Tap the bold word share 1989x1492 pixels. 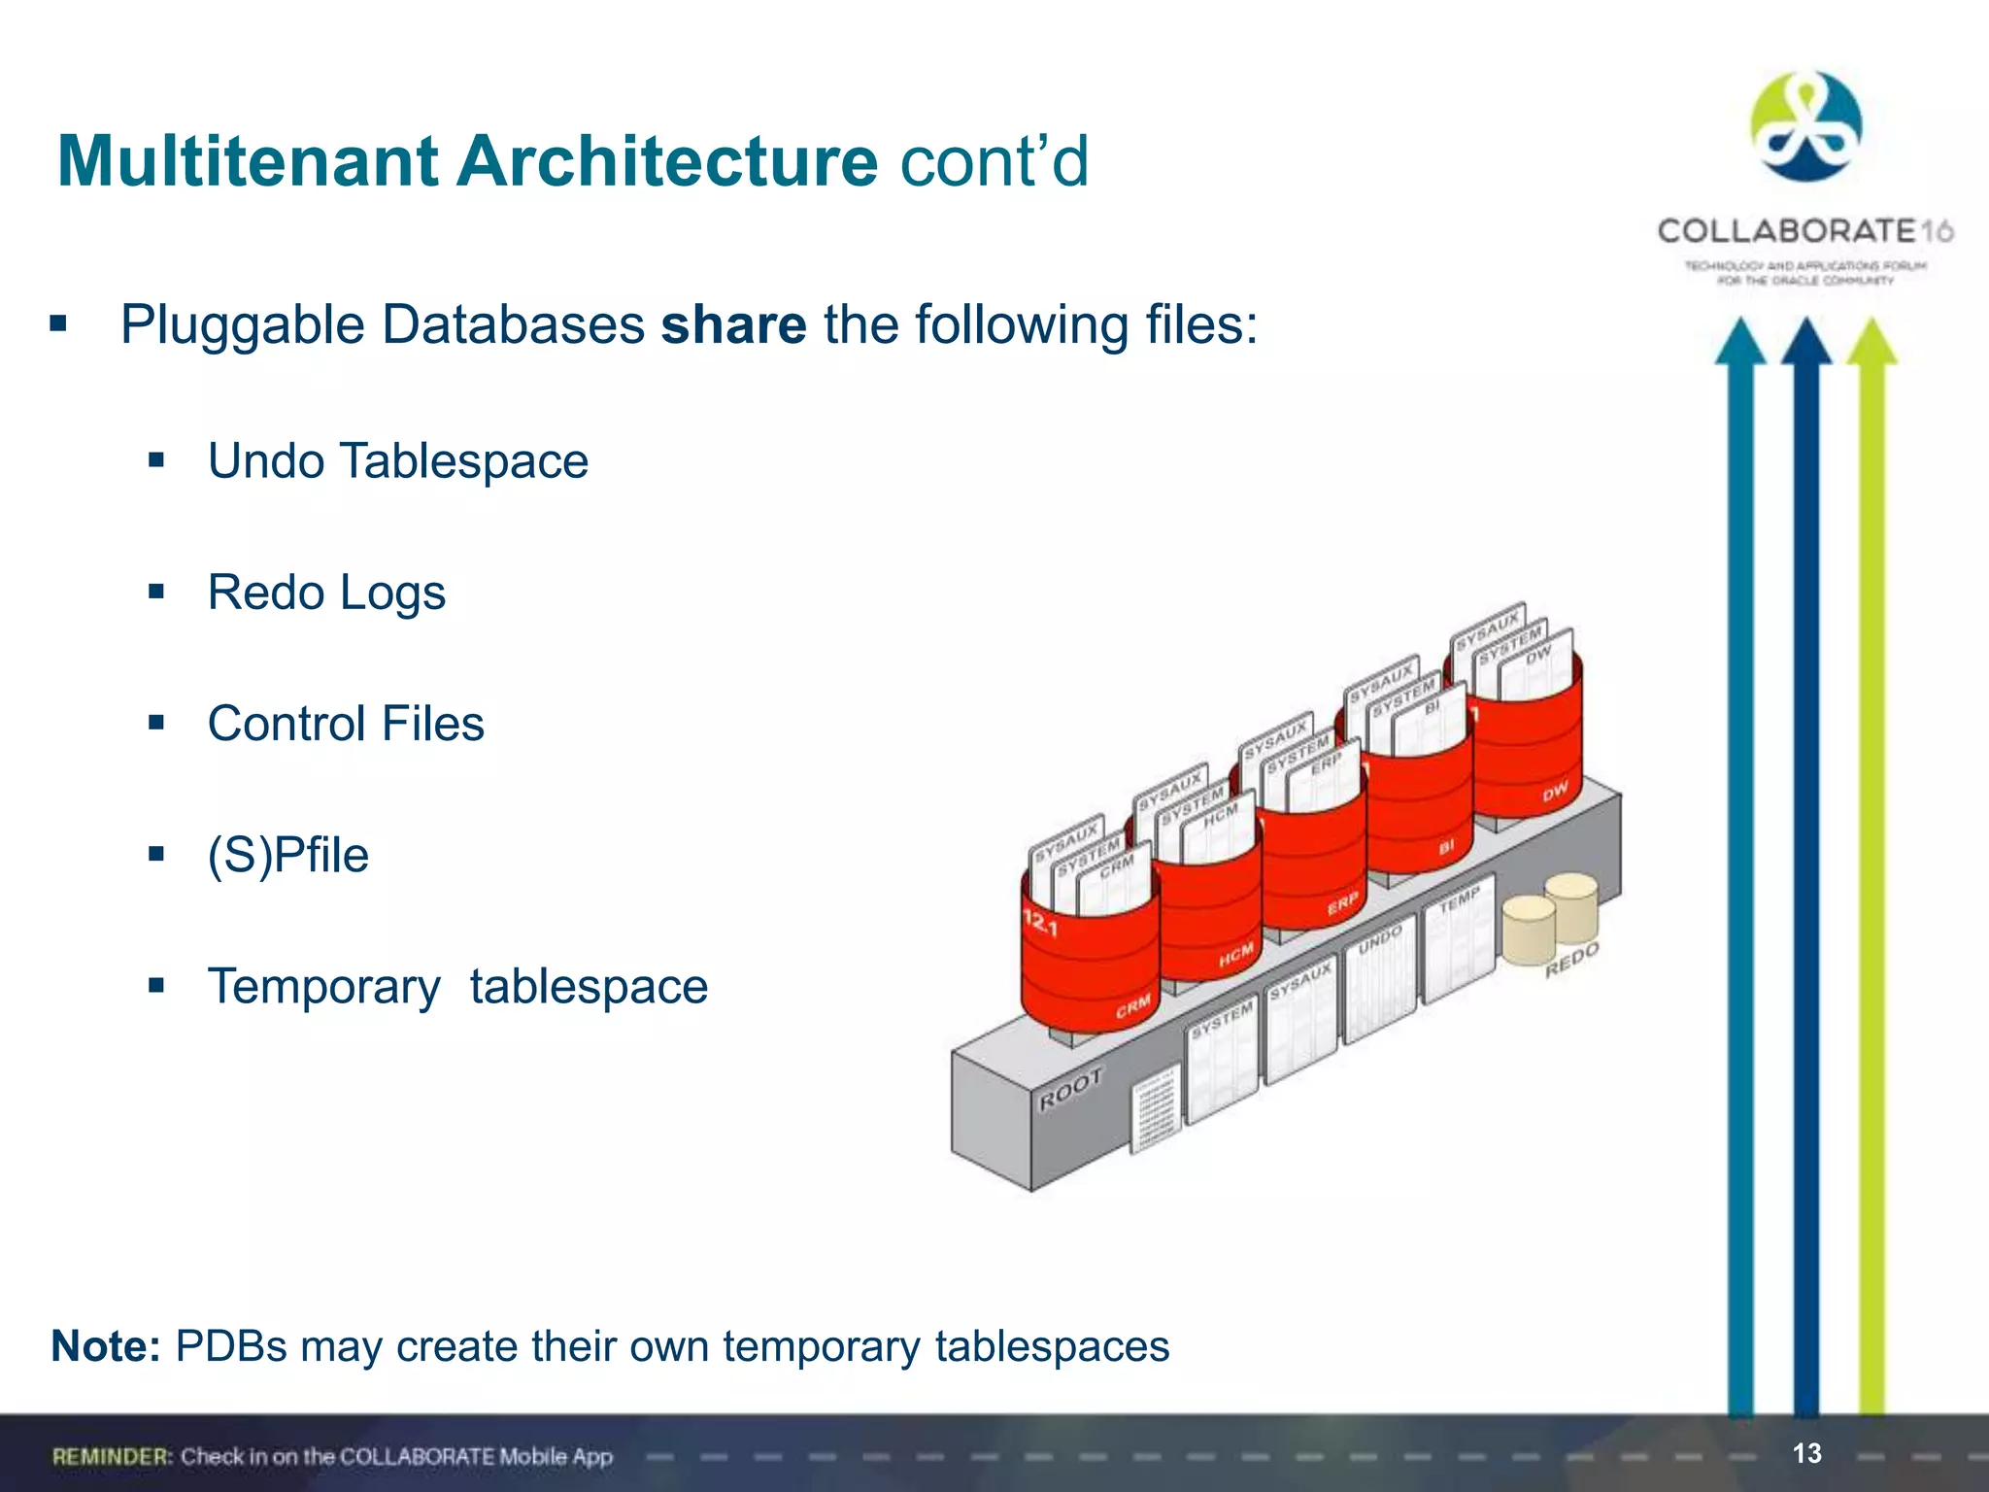click(733, 325)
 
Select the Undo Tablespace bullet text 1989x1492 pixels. click(397, 461)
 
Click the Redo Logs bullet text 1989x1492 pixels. click(326, 593)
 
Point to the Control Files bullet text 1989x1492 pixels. click(346, 725)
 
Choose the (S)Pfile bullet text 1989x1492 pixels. click(288, 856)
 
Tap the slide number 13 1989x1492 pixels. click(1806, 1453)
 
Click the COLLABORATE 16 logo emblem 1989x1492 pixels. click(1805, 127)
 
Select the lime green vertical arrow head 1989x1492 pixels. click(1871, 342)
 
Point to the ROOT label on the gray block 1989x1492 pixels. click(1071, 1089)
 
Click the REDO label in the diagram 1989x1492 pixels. click(1571, 960)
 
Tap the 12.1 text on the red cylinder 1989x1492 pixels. click(1039, 923)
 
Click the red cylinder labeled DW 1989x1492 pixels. click(1528, 758)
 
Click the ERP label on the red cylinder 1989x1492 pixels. click(1342, 904)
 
